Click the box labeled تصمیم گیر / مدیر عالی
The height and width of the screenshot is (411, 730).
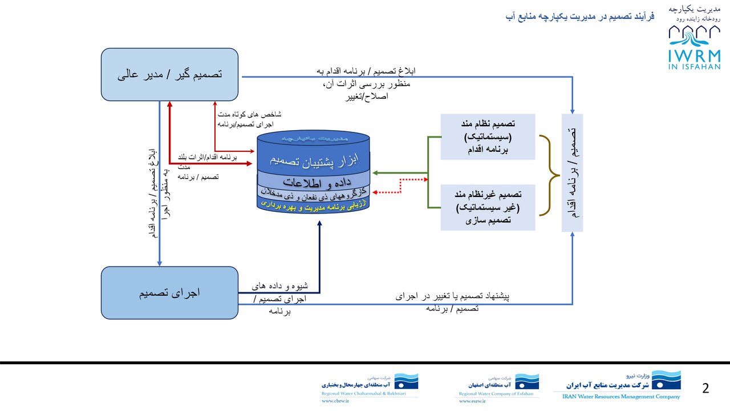[169, 74]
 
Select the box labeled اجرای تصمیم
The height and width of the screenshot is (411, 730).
[169, 293]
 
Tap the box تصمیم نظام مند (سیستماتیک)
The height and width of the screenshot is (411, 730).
[488, 137]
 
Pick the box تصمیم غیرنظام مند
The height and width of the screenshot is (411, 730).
[488, 204]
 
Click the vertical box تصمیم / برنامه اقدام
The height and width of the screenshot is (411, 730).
[572, 173]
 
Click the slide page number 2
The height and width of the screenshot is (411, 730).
[705, 389]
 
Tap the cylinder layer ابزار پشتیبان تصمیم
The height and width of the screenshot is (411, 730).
[314, 159]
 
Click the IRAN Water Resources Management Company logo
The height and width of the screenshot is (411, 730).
[617, 385]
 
